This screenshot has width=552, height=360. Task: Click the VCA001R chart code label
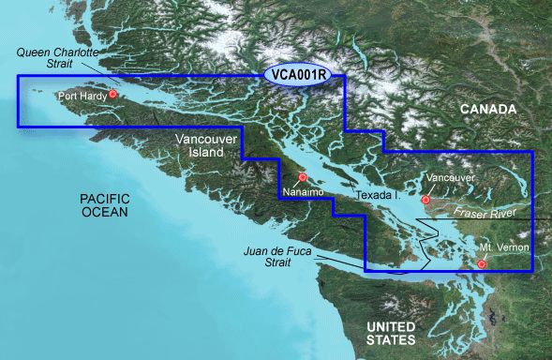point(304,75)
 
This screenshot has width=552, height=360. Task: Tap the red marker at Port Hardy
point(112,94)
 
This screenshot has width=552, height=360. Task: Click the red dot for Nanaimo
point(302,178)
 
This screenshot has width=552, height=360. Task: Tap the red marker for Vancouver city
point(425,200)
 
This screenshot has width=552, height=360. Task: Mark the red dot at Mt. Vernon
point(482,263)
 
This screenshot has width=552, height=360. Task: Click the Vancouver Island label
point(201,144)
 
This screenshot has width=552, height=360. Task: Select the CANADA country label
point(487,110)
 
